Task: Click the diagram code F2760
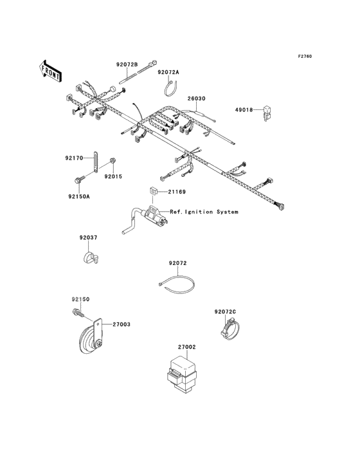click(304, 57)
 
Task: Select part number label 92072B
click(127, 65)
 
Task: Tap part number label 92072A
click(168, 73)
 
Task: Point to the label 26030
click(197, 99)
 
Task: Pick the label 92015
click(113, 176)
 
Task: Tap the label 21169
click(177, 192)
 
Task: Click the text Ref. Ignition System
click(204, 212)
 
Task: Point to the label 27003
click(122, 324)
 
